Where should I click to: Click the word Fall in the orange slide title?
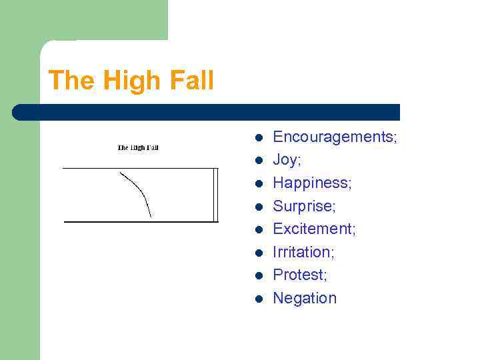tap(192, 81)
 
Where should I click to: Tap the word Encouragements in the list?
tap(333, 137)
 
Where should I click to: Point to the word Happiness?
tap(311, 183)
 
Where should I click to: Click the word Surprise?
tap(303, 206)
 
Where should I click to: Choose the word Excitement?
tap(313, 229)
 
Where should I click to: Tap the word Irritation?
tap(303, 252)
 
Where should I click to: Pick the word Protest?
tap(299, 275)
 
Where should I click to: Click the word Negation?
tap(305, 298)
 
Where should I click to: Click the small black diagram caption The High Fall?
tap(138, 147)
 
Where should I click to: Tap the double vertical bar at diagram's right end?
tap(215, 195)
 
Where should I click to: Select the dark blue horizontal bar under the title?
tap(207, 112)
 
